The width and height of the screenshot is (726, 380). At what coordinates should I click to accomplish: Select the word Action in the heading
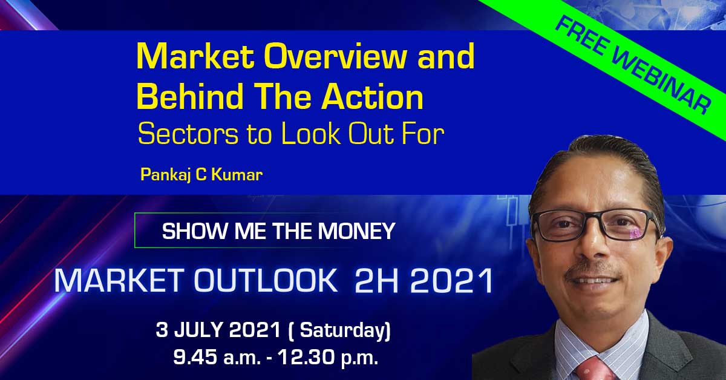[373, 96]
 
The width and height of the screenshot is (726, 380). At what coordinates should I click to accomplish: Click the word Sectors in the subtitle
[189, 134]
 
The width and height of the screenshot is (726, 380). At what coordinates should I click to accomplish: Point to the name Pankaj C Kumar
[201, 175]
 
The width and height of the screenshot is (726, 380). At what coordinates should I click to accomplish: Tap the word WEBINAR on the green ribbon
[661, 82]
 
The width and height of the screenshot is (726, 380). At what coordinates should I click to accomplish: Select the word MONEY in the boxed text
[356, 231]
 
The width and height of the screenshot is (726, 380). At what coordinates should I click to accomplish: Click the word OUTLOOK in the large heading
[266, 280]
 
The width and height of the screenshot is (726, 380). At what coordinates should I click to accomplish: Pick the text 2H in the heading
[376, 280]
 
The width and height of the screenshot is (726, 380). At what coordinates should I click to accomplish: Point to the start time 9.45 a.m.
[217, 358]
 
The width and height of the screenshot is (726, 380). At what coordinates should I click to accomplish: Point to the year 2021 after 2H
[452, 280]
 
